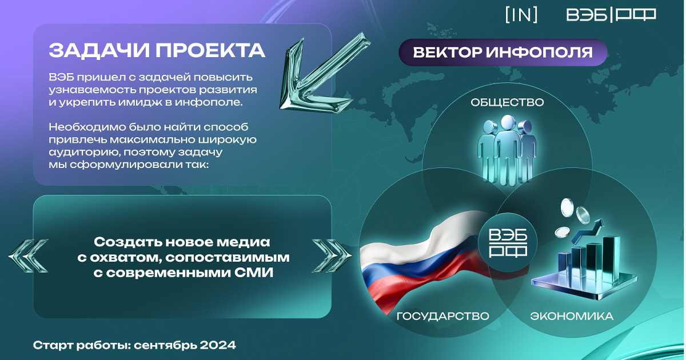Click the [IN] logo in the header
click(x=521, y=15)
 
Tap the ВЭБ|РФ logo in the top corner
click(x=611, y=15)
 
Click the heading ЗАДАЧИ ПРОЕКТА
click(x=157, y=50)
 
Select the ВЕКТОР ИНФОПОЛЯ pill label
click(x=503, y=53)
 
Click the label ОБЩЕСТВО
click(x=507, y=102)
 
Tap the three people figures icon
click(x=507, y=150)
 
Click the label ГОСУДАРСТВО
click(x=443, y=316)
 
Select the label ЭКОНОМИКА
click(x=572, y=316)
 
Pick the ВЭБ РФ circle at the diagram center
click(x=508, y=242)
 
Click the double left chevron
click(x=28, y=256)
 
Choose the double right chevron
click(x=332, y=256)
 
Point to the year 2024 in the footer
click(x=218, y=345)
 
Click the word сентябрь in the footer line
click(x=165, y=345)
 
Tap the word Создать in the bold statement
click(x=128, y=242)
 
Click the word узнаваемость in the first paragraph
click(x=92, y=90)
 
